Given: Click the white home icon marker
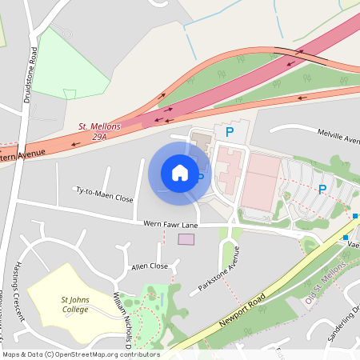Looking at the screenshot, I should (180, 172).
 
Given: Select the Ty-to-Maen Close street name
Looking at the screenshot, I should (104, 194).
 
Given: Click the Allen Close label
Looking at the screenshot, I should (150, 266).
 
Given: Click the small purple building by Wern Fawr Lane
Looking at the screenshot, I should (186, 238).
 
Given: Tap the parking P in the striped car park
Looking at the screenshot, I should (322, 189).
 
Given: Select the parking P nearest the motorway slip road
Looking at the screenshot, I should (230, 131).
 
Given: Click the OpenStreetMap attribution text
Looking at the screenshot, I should (80, 354).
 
